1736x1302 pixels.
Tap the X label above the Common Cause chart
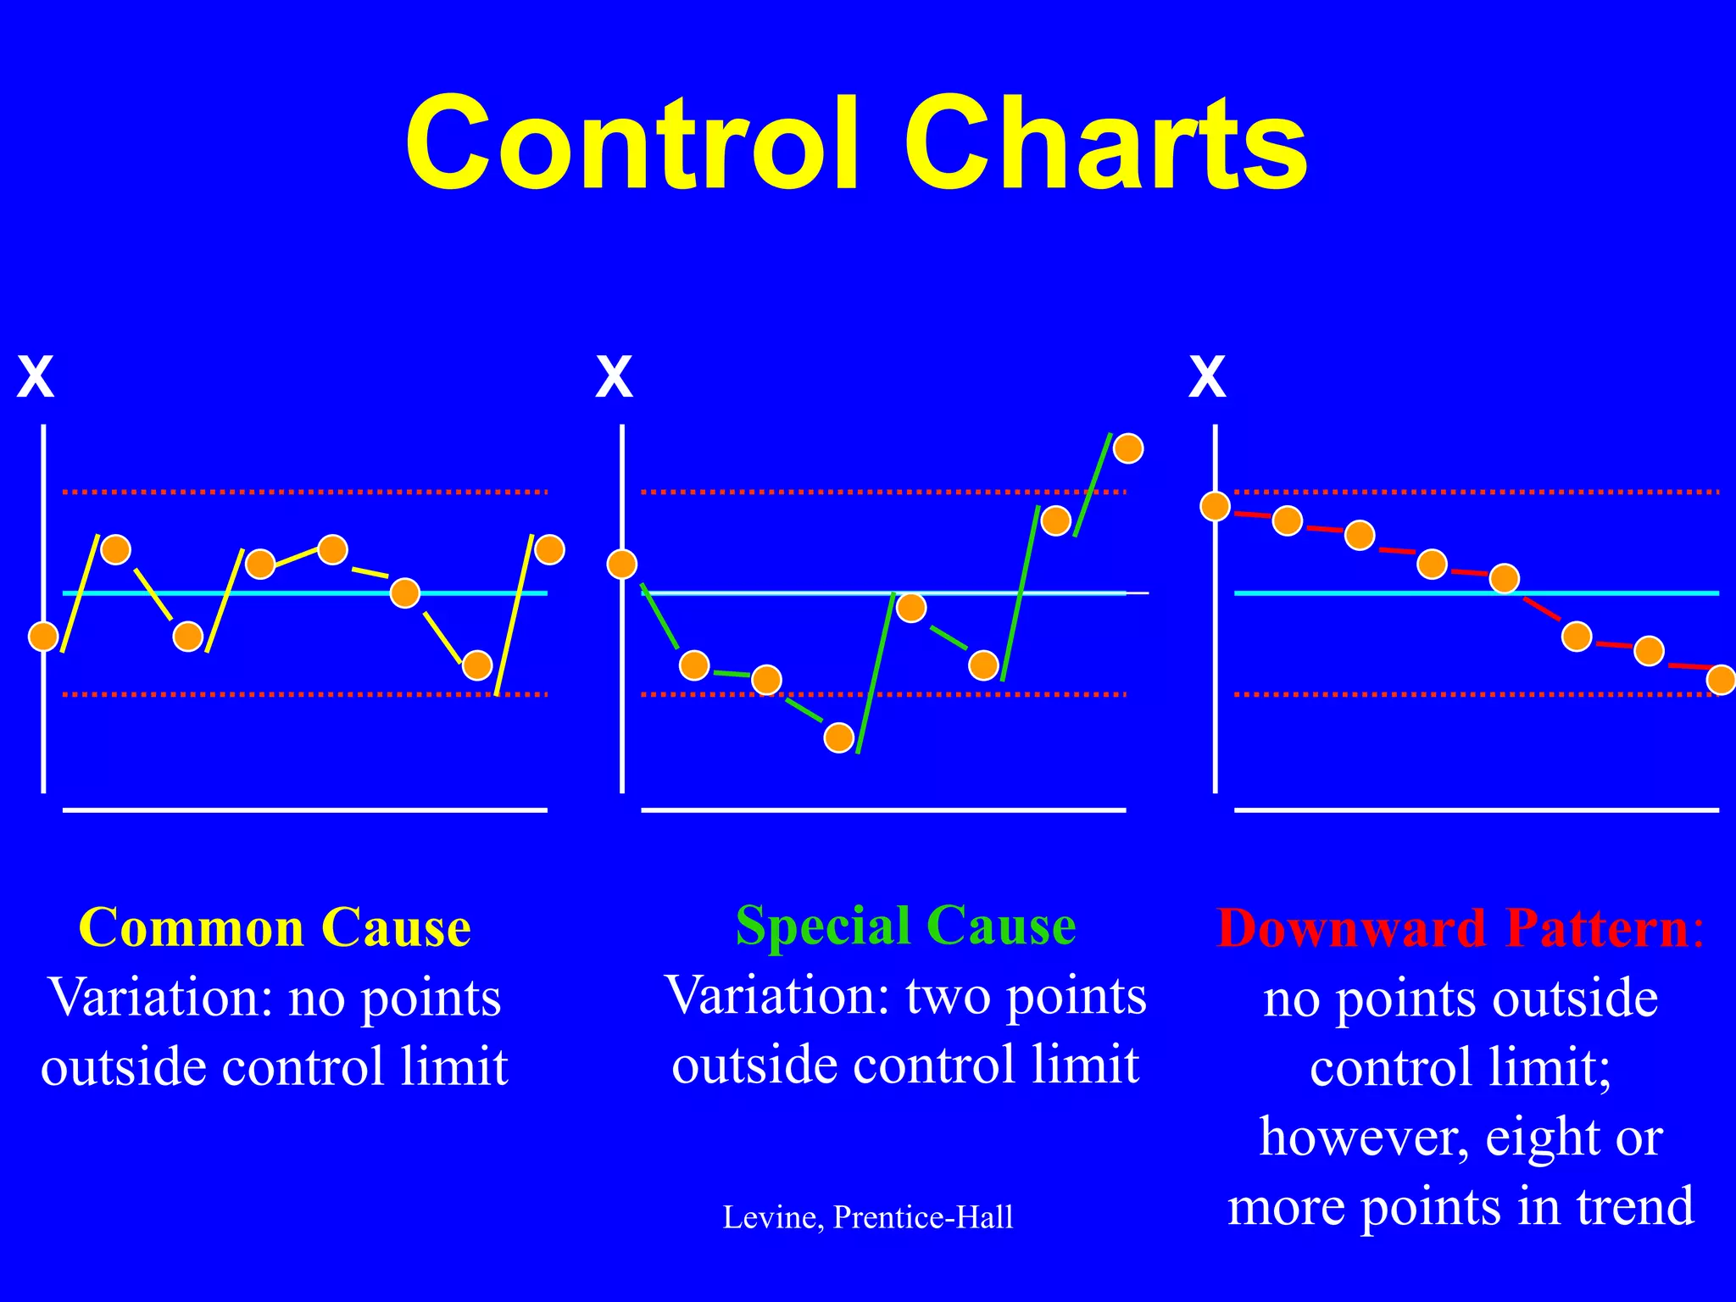[36, 377]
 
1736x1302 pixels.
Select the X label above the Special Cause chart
[614, 377]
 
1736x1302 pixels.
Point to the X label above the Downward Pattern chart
[1207, 377]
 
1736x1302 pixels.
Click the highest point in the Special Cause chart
[1128, 448]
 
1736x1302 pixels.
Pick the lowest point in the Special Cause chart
[839, 738]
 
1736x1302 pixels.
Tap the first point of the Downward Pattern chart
[1216, 507]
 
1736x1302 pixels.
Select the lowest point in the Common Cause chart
[477, 665]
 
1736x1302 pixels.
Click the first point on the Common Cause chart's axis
[43, 636]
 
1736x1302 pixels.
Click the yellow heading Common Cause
[275, 927]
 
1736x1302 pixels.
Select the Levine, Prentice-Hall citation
[867, 1217]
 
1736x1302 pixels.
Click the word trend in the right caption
[1635, 1206]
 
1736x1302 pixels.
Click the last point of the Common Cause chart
[549, 549]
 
